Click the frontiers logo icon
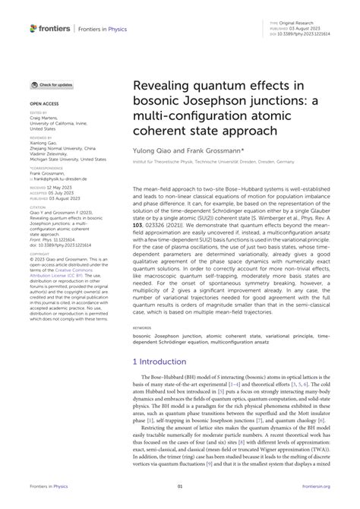click(x=33, y=28)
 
